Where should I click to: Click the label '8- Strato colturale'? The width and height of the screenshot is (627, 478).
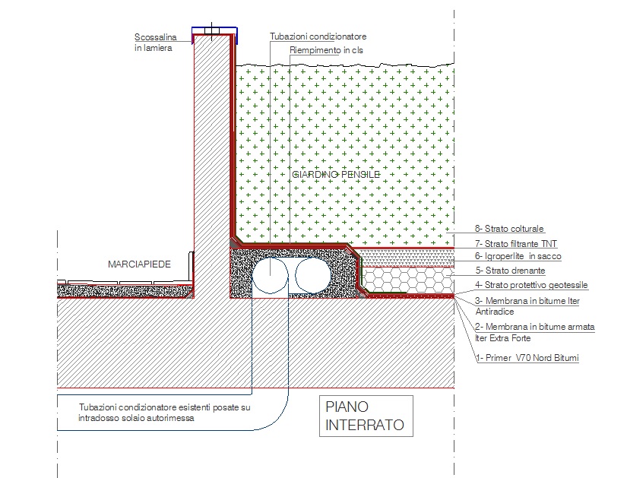(x=509, y=229)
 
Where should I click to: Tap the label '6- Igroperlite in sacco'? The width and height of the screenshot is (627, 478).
(x=518, y=257)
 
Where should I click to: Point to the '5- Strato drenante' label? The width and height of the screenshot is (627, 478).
(x=510, y=271)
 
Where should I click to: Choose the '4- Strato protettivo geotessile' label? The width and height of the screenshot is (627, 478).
(x=531, y=285)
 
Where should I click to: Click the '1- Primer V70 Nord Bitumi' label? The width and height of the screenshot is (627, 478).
(x=527, y=356)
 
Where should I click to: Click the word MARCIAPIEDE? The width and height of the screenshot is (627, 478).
(x=139, y=264)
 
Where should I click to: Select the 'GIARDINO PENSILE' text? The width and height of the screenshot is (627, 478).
(x=335, y=175)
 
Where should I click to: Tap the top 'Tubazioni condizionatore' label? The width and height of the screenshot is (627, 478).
(x=318, y=36)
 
